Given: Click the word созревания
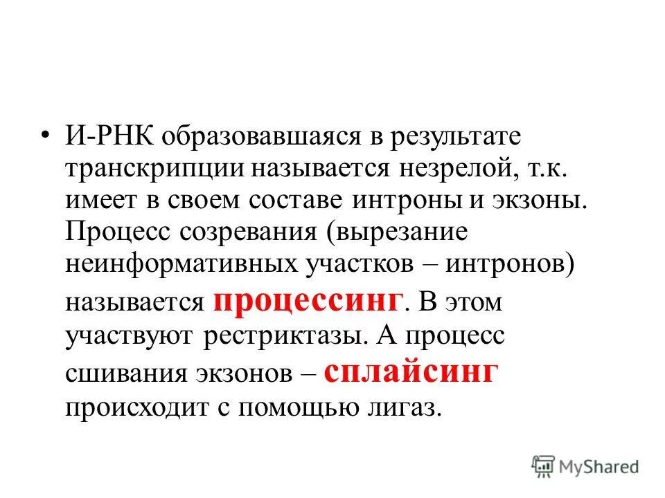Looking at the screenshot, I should pos(248,234).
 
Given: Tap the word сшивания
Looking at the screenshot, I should pos(116,374).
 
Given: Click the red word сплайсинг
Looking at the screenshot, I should pos(411,371).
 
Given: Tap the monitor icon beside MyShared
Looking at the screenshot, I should pos(542,466).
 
